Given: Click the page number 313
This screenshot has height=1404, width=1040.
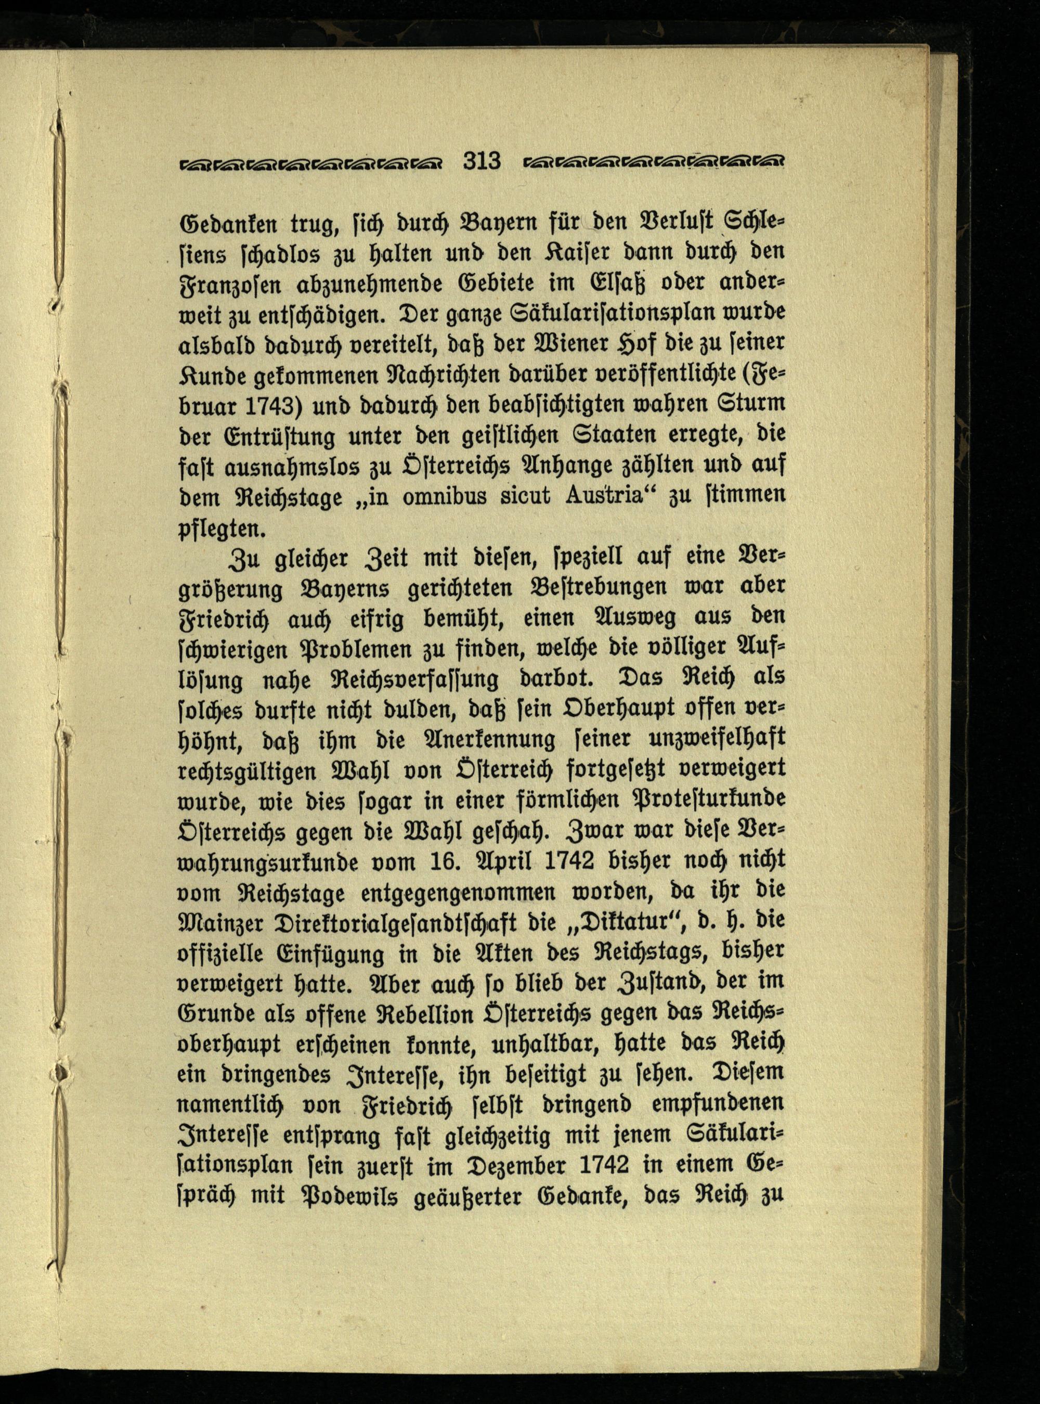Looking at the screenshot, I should pyautogui.click(x=482, y=161).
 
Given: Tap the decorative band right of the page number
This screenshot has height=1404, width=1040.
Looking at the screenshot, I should pyautogui.click(x=653, y=163).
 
